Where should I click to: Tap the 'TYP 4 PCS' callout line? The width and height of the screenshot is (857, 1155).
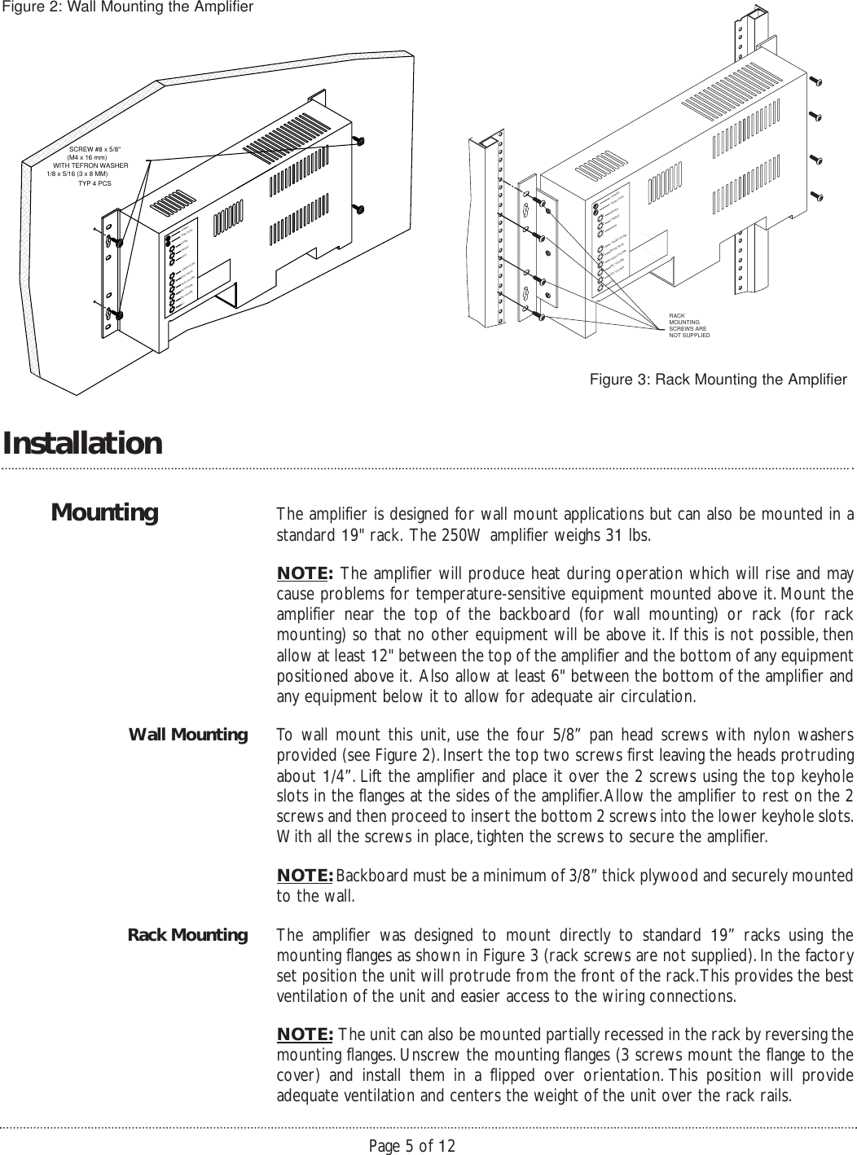[94, 184]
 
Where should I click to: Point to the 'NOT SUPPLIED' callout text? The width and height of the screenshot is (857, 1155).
[688, 335]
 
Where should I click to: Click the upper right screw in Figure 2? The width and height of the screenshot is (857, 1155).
[359, 141]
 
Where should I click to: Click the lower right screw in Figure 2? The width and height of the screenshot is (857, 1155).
[359, 209]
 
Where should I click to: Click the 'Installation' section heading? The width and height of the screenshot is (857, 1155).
[82, 444]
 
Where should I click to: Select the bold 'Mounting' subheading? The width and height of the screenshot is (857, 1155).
[104, 513]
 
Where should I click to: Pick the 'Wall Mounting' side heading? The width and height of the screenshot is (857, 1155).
[188, 736]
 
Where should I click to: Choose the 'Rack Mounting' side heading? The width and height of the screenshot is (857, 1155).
[188, 935]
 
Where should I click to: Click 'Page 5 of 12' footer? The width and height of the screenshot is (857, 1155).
[412, 1146]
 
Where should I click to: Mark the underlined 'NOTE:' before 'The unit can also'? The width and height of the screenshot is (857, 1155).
[305, 1034]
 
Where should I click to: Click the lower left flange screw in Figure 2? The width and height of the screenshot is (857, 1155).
[118, 314]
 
